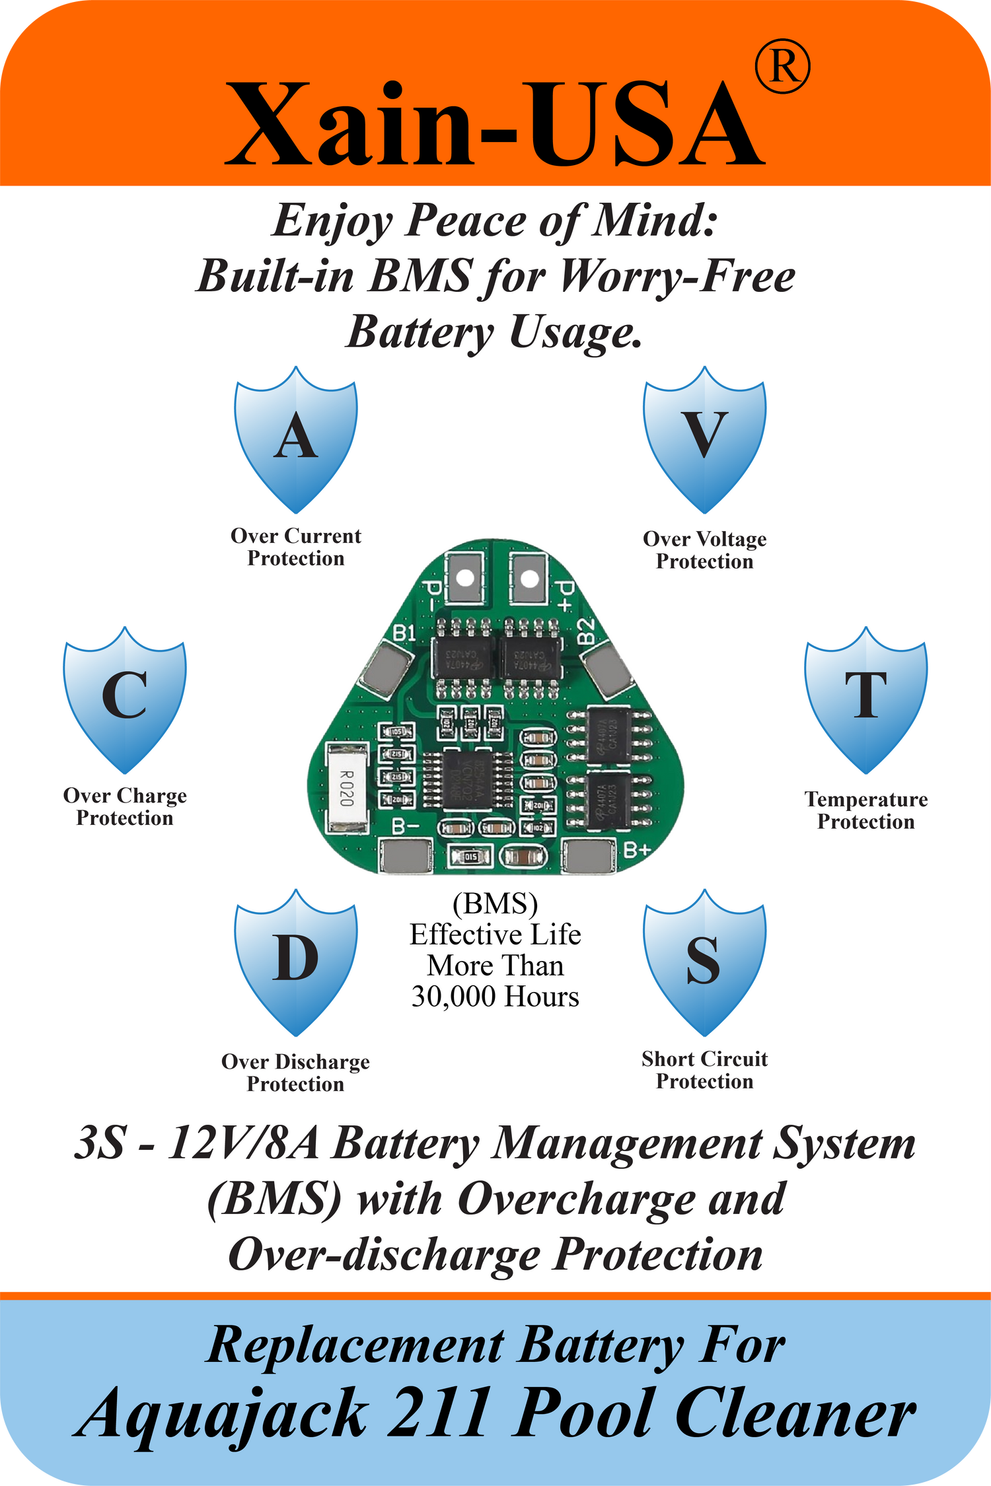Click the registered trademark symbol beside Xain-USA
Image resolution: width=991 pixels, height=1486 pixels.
tap(782, 66)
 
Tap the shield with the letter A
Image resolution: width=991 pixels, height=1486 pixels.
tap(296, 439)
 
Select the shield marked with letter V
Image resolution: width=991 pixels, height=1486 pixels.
tap(705, 439)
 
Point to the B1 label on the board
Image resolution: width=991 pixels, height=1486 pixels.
tap(404, 633)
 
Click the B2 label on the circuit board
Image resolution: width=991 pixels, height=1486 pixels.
tap(586, 631)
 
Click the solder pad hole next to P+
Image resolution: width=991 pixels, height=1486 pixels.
tap(529, 579)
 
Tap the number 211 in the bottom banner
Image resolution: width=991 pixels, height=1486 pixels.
tap(439, 1413)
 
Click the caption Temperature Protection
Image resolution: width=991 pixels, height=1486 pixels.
tap(865, 810)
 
